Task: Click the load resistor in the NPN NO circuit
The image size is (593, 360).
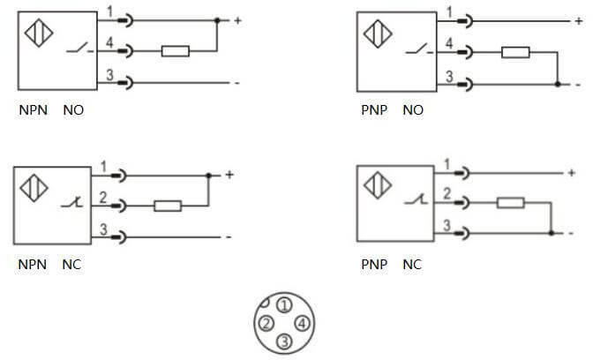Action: pos(175,51)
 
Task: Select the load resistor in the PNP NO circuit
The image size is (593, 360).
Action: pos(515,52)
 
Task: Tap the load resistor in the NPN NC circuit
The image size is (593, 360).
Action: pos(168,206)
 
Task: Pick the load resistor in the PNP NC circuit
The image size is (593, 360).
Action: pos(510,203)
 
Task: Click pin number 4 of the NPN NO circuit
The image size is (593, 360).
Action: pos(110,43)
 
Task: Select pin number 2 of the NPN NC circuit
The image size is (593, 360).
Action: pos(103,199)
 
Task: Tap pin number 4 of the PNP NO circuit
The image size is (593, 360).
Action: pos(450,44)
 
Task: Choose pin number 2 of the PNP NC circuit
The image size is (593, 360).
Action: pos(447,194)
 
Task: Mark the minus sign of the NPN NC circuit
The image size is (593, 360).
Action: pos(228,236)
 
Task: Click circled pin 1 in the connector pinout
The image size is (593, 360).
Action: pos(283,305)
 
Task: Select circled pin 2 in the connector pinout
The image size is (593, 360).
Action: pos(265,323)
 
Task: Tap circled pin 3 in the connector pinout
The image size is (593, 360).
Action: pos(283,341)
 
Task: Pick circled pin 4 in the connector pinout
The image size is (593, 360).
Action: pos(302,323)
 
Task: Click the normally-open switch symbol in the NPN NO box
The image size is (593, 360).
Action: pos(78,49)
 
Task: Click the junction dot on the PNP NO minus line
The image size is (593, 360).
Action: pos(558,84)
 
